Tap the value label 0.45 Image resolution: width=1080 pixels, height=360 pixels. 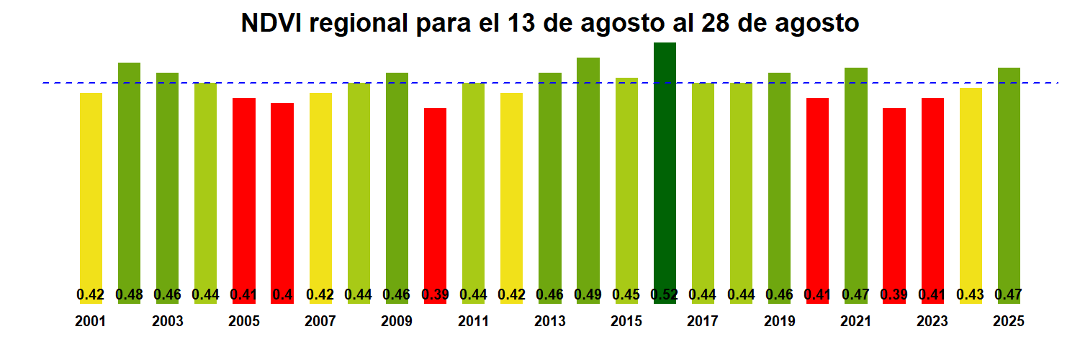(626, 294)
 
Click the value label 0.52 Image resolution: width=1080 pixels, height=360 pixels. (665, 294)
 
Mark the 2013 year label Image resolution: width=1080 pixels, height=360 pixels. (550, 322)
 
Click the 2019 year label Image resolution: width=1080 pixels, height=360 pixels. (780, 322)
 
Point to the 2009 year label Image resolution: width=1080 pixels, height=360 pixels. (397, 322)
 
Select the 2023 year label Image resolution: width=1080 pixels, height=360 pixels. (932, 322)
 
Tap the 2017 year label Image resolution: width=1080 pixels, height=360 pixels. (703, 322)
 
